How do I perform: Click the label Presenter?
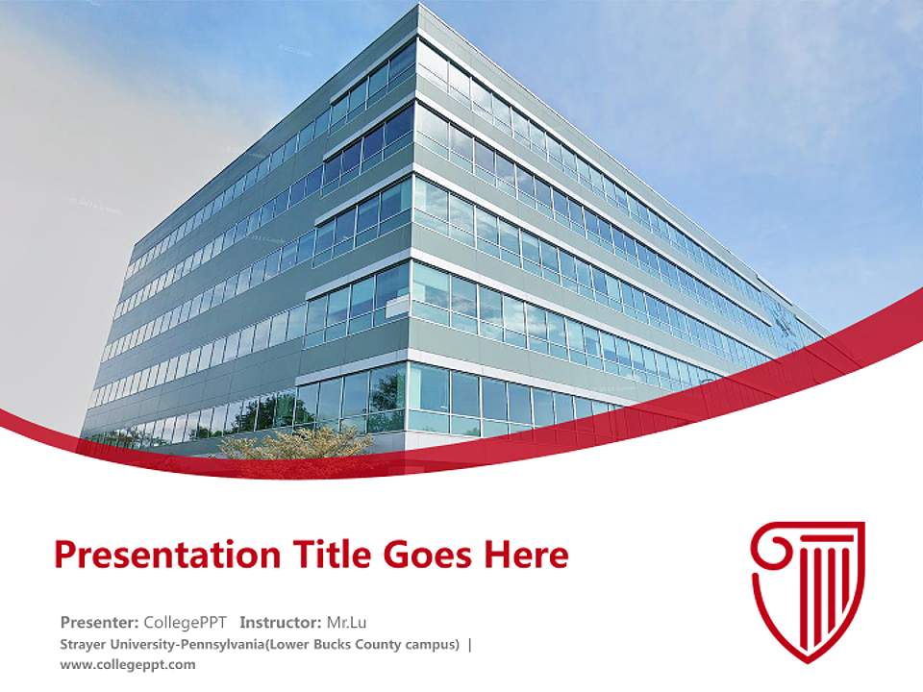tap(100, 621)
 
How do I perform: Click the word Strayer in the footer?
tap(84, 644)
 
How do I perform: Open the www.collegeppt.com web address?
tap(127, 664)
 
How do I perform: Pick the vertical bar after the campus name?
tap(469, 644)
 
